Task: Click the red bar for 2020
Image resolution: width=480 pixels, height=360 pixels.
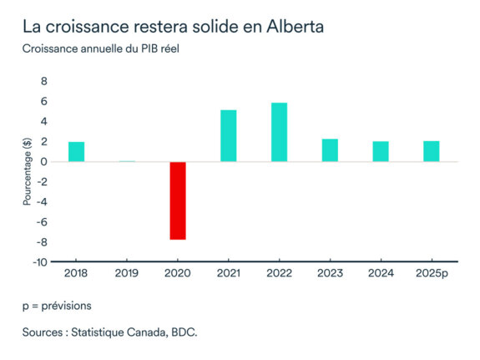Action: coord(178,200)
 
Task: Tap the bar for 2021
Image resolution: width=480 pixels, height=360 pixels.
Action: coord(229,136)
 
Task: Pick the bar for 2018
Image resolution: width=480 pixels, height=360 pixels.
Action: coord(76,152)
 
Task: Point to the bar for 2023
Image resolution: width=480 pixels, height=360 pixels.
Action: coord(330,150)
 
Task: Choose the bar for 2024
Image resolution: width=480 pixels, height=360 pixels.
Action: coord(381,152)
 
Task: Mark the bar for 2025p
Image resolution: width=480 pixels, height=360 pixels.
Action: coord(431,152)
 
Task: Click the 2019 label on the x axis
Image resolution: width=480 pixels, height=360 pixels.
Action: coord(127,272)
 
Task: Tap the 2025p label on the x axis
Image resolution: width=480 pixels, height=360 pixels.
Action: coord(431,272)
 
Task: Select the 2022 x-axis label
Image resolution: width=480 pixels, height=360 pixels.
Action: coord(279,272)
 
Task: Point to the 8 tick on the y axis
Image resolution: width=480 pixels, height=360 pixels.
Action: coord(43,82)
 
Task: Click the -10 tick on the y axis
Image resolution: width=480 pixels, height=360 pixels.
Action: coord(39,261)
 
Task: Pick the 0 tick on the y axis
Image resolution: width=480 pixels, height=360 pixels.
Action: coord(43,162)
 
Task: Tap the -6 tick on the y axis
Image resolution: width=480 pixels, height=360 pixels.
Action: coord(41,221)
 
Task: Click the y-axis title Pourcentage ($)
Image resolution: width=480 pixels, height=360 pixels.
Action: coord(27,172)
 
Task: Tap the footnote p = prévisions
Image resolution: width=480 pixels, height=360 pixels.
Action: coord(57,306)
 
